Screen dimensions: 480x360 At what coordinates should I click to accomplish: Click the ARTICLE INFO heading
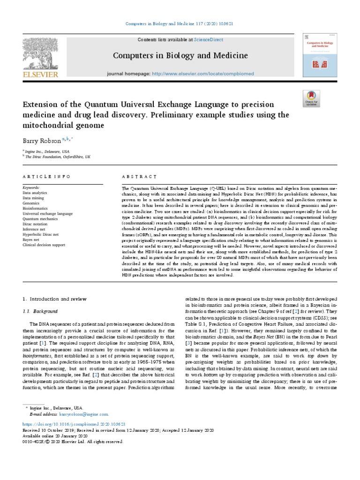46,176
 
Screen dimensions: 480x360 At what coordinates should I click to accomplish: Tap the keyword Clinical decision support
45,244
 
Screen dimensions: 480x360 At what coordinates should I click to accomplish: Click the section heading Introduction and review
57,298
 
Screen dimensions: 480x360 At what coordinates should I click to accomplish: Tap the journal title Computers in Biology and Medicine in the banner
180,56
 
